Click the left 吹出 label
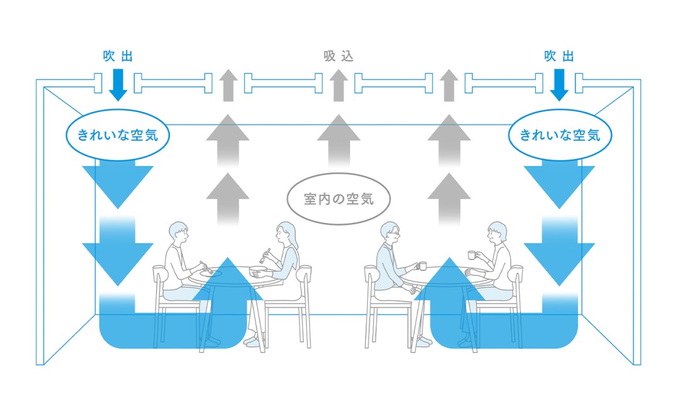click(x=118, y=57)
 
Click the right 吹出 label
click(x=559, y=57)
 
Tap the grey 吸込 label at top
click(x=339, y=57)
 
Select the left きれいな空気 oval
click(x=118, y=134)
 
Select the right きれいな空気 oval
click(x=559, y=134)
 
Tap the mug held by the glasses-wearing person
click(x=421, y=266)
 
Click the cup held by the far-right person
click(x=471, y=255)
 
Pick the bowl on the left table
click(x=256, y=272)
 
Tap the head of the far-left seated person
click(x=178, y=233)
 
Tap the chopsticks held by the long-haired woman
click(x=265, y=255)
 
